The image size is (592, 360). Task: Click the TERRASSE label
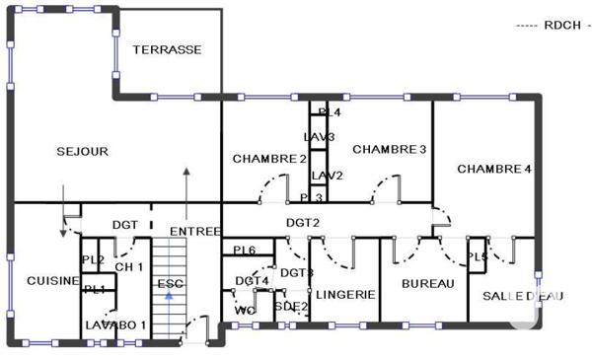click(x=168, y=49)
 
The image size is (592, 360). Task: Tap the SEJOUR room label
click(x=82, y=152)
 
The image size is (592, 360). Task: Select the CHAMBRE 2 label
click(x=269, y=158)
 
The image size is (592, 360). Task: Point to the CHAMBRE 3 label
click(x=389, y=149)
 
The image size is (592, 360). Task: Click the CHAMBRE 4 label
click(x=494, y=170)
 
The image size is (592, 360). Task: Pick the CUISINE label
click(x=52, y=281)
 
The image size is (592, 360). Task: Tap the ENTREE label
click(x=194, y=232)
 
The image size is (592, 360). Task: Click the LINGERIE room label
click(x=344, y=295)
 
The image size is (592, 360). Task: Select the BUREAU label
click(x=429, y=284)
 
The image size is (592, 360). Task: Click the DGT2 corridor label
click(x=303, y=223)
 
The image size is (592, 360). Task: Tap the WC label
click(x=246, y=311)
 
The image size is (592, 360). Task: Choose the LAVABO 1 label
click(x=115, y=324)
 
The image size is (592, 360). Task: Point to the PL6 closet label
click(x=244, y=251)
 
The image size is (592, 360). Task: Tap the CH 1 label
click(x=129, y=267)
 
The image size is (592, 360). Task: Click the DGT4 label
click(x=252, y=281)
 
